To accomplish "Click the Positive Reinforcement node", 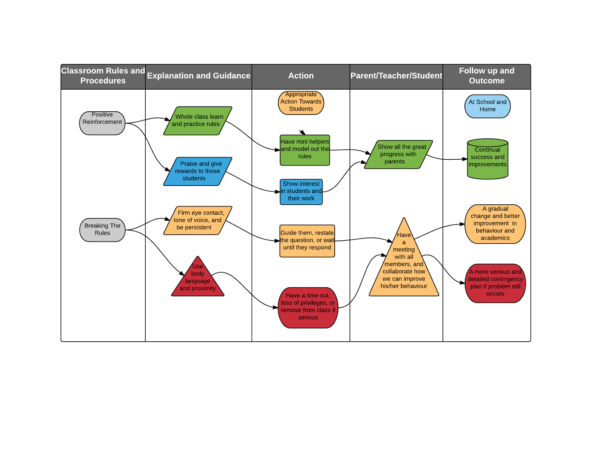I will (x=102, y=123).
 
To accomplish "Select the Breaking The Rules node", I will (x=102, y=230).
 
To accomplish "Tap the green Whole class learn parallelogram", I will (x=197, y=121).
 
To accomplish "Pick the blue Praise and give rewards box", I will (x=197, y=171).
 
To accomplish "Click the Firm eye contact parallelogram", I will (x=197, y=220).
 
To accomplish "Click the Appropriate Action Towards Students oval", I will (x=301, y=102).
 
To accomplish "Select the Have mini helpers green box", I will (x=305, y=150).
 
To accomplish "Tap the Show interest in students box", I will (x=301, y=192).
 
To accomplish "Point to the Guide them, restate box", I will (x=307, y=240).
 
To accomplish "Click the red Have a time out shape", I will (x=308, y=307).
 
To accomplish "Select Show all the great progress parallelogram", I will (x=398, y=154).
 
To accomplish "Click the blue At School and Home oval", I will (x=487, y=106).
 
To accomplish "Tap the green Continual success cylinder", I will (x=488, y=159).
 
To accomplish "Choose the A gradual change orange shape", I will (x=495, y=224).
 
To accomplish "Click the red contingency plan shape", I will (x=495, y=283).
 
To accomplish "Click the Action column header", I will (x=301, y=76).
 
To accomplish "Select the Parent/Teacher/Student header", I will (x=396, y=76).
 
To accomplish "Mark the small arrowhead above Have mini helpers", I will (x=303, y=132).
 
